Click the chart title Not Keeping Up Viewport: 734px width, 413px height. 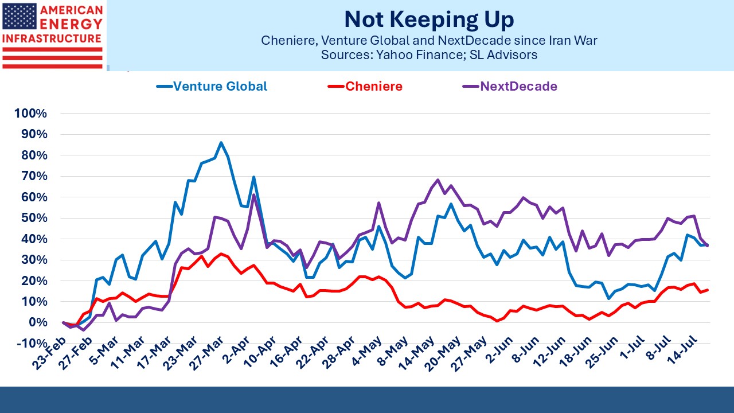[x=429, y=20]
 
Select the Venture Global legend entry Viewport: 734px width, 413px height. [x=212, y=87]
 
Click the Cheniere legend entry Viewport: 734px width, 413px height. [x=365, y=87]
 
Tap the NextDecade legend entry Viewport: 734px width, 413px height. [x=510, y=87]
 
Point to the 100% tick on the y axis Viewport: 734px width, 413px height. [x=31, y=114]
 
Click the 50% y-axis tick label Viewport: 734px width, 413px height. [x=34, y=218]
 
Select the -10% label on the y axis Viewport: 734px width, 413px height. [x=32, y=344]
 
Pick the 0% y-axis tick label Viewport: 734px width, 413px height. [x=38, y=322]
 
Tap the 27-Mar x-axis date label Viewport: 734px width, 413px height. [x=207, y=353]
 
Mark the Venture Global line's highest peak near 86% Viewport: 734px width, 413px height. [x=221, y=142]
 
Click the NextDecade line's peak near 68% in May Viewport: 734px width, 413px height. [x=438, y=180]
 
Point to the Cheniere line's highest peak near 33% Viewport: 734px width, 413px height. [x=221, y=254]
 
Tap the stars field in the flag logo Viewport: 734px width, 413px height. [x=19, y=16]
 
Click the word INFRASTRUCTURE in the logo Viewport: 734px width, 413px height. [x=52, y=38]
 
